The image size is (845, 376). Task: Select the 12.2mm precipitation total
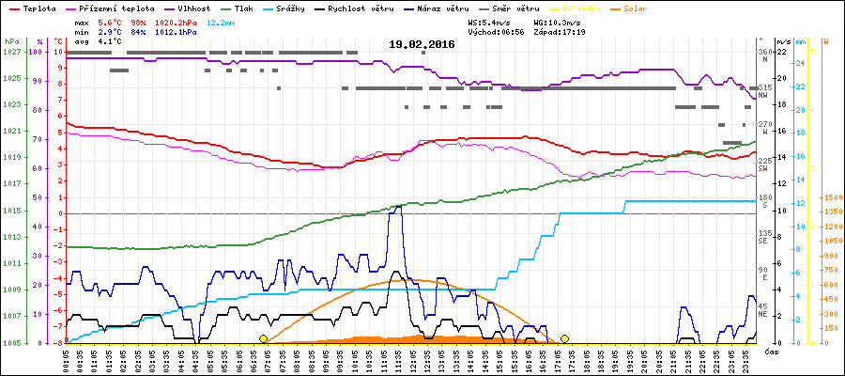(x=214, y=22)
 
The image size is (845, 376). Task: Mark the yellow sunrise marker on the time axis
(x=263, y=338)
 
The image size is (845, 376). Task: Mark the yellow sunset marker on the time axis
(x=565, y=338)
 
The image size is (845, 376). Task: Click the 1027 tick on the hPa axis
(x=11, y=52)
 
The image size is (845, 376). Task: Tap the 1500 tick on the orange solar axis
(x=831, y=197)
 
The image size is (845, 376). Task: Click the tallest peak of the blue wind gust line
(x=398, y=207)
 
